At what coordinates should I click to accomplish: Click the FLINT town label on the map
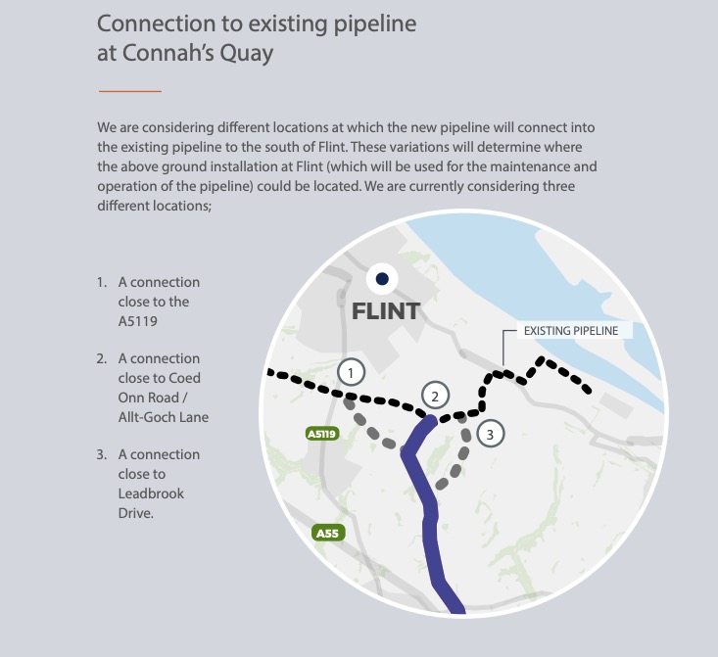coord(386,311)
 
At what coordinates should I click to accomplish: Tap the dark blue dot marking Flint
coord(382,279)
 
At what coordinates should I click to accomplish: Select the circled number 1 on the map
coord(352,373)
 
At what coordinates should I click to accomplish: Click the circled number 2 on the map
coord(435,396)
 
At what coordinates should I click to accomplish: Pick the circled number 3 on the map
coord(491,434)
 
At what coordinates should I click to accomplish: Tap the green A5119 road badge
coord(322,434)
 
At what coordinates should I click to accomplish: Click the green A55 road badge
coord(327,533)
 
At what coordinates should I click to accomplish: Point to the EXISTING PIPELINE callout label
coord(571,331)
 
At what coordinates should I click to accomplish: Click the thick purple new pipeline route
coord(429,513)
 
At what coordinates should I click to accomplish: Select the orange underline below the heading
coord(130,91)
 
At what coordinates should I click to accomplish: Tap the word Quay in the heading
coord(247,54)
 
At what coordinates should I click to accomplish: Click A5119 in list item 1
coord(137,321)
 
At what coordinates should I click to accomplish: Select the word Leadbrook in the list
coord(151,493)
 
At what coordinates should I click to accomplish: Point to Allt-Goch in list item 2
coord(141,417)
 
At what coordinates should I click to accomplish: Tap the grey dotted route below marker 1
coord(372,426)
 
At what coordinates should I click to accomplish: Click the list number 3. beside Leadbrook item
coord(102,454)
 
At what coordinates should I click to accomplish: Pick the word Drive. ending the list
coord(135,513)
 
